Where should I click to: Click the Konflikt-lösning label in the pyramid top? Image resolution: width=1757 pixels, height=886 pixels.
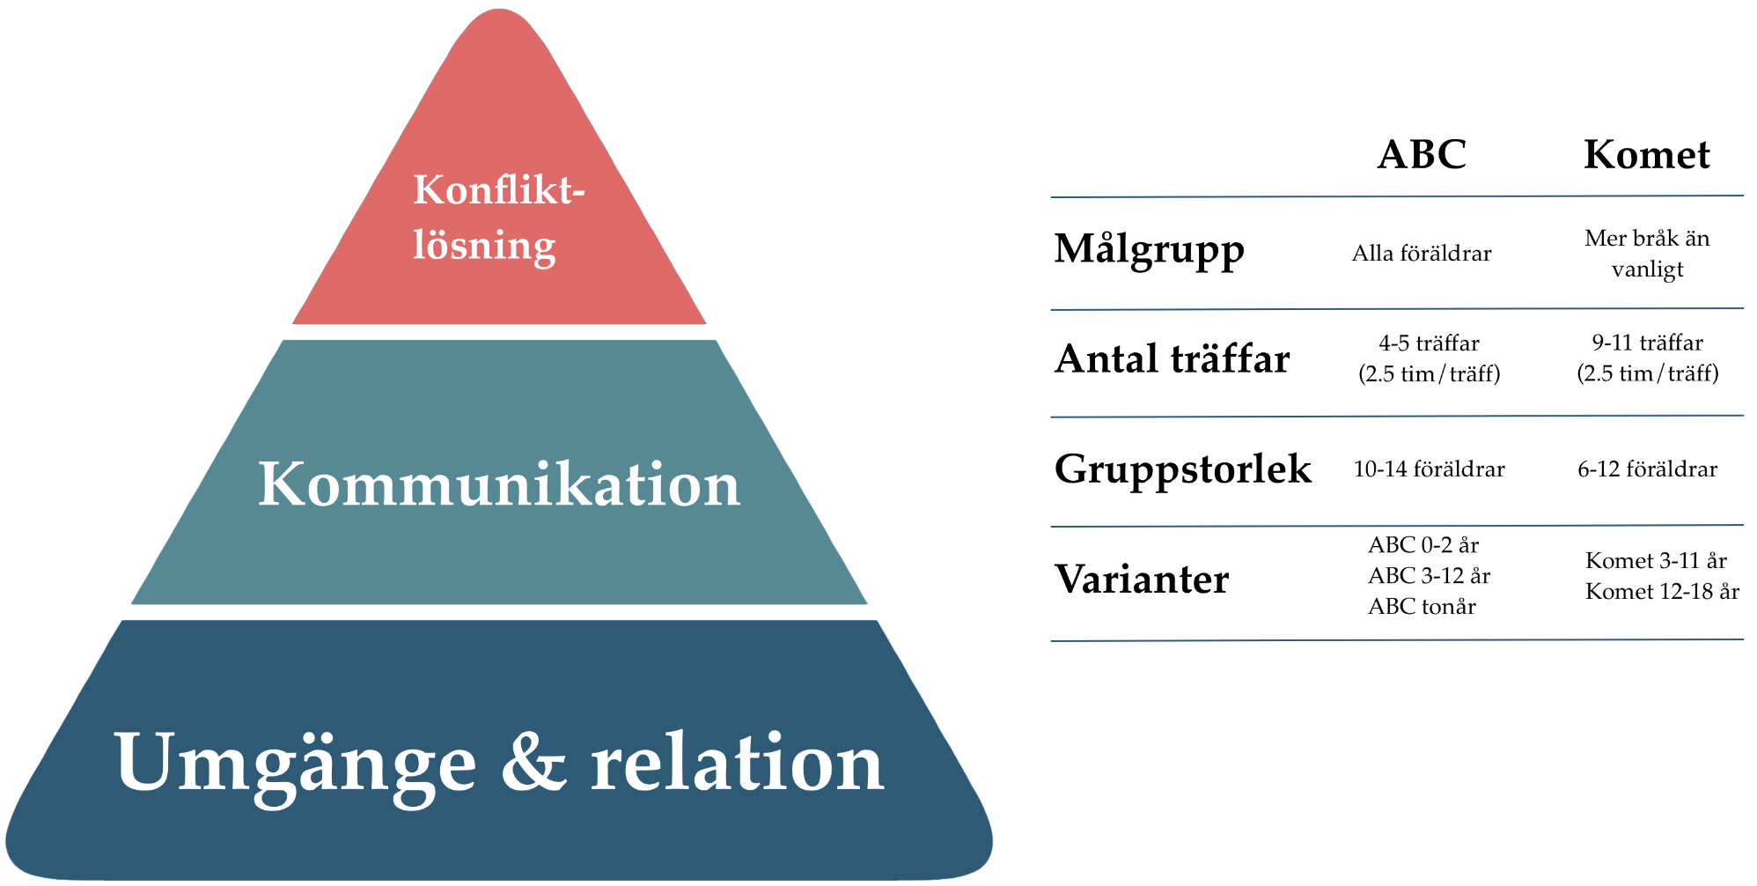(498, 217)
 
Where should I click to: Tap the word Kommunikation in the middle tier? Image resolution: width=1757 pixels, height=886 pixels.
(499, 484)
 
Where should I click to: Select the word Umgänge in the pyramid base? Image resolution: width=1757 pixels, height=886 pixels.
(295, 764)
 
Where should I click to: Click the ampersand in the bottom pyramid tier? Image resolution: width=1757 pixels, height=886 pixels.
(533, 762)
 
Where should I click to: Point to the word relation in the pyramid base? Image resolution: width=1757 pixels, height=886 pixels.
(737, 762)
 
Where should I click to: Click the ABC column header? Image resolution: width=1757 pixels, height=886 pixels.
(1422, 155)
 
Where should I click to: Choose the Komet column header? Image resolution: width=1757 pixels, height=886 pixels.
(1646, 155)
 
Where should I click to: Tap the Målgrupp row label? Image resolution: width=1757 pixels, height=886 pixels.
(1149, 249)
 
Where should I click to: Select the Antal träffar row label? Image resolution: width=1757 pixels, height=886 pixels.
(1172, 359)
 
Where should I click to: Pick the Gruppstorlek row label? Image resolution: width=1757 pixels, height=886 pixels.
(1182, 469)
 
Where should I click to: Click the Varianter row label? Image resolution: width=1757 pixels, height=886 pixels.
(1142, 580)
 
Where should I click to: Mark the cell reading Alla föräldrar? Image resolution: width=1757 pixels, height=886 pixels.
(1422, 254)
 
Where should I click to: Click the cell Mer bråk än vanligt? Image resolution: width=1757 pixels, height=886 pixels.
(1647, 254)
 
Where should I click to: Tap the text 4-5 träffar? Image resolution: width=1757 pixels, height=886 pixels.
(1429, 343)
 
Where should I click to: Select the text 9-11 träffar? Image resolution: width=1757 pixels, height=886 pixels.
(1647, 343)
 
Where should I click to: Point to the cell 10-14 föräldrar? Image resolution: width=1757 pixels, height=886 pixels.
(1429, 469)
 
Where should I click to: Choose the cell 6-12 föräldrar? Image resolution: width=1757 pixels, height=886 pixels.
(1647, 469)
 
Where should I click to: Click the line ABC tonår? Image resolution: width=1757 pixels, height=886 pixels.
(1422, 607)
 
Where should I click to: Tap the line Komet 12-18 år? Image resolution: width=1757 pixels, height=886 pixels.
(1662, 592)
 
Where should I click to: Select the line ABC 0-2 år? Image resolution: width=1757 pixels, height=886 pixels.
(1423, 545)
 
